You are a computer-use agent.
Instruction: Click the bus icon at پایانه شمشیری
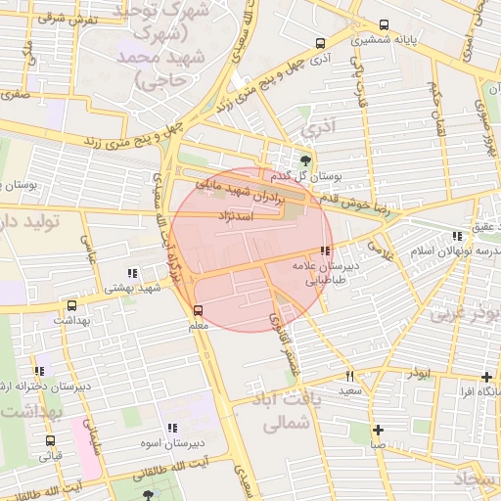(383, 25)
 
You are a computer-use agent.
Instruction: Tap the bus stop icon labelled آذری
(320, 43)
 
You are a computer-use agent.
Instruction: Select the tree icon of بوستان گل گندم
(307, 159)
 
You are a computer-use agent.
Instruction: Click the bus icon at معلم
(199, 311)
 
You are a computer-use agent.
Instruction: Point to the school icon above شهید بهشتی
(132, 274)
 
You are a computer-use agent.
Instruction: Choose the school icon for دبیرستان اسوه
(172, 428)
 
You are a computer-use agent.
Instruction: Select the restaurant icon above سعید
(349, 376)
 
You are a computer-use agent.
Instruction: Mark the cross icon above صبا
(378, 430)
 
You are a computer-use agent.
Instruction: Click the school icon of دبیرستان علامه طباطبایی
(325, 250)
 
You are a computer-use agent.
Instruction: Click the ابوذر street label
(412, 375)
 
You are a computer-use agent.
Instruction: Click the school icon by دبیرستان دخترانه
(39, 371)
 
